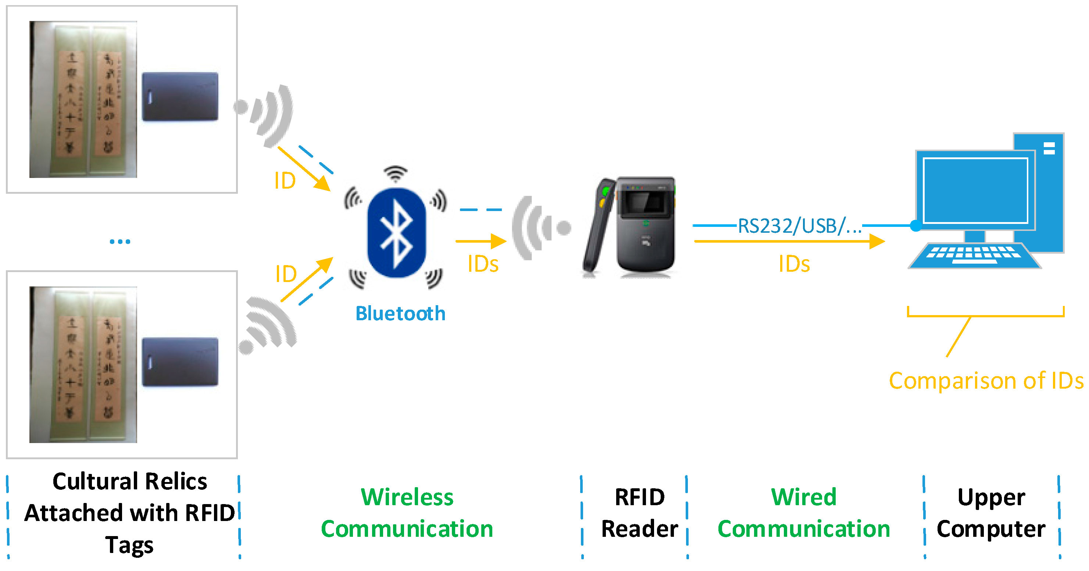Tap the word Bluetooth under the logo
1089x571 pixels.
[400, 314]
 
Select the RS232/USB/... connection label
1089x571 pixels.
[799, 226]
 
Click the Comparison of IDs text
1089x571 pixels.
[985, 381]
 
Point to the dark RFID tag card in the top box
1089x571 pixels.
[180, 97]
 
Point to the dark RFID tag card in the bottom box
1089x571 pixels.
[180, 362]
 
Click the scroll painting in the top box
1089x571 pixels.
[83, 99]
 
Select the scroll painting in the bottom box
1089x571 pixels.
[83, 365]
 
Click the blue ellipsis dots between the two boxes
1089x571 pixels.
[119, 241]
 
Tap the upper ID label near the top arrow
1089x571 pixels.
[285, 181]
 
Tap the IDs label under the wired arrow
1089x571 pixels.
[794, 264]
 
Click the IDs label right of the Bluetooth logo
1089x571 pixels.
[483, 264]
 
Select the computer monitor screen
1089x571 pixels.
[975, 190]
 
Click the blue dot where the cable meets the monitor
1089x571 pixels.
[916, 226]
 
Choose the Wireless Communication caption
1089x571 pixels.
[407, 512]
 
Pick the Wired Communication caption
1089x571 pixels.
[804, 512]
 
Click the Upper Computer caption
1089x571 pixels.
[990, 512]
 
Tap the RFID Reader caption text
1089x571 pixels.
[639, 512]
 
